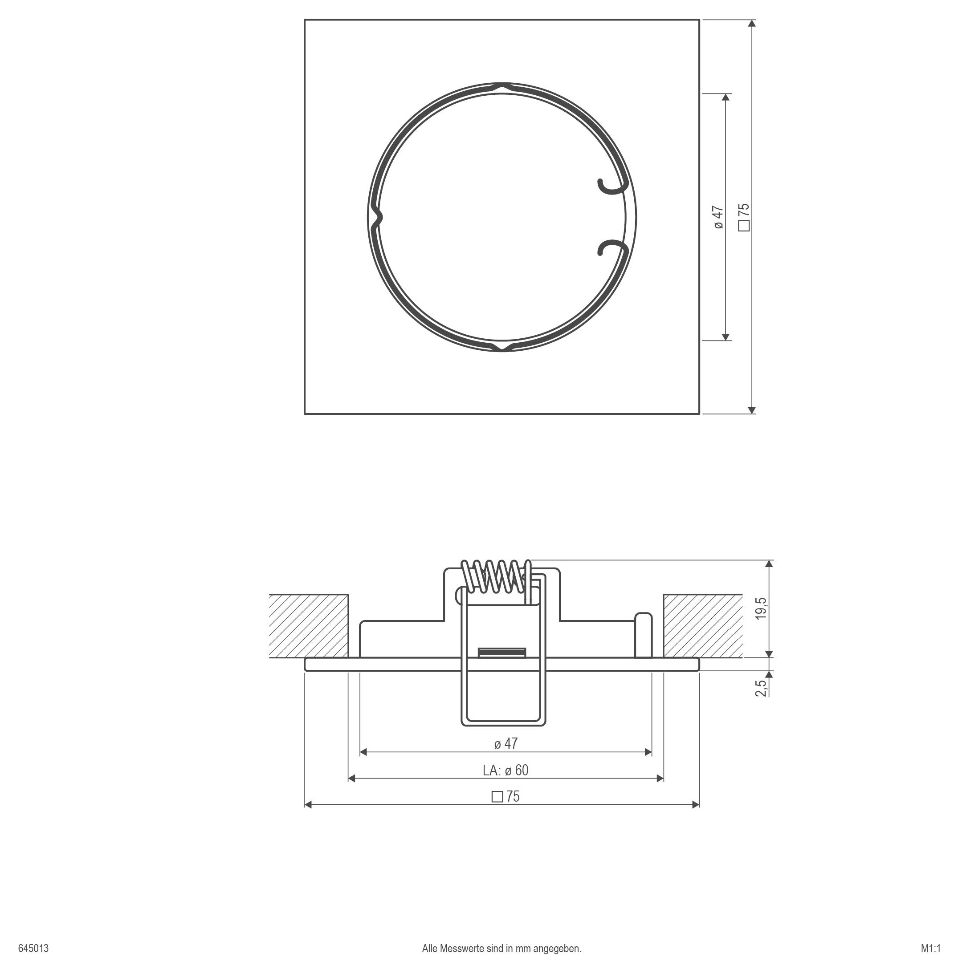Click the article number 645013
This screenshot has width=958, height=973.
pos(33,949)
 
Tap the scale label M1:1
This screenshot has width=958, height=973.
pos(930,949)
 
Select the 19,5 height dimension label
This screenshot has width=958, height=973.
pos(761,608)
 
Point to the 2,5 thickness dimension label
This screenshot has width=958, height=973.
pos(761,686)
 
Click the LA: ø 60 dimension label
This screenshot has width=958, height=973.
pos(505,770)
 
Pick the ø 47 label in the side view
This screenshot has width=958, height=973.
pos(505,743)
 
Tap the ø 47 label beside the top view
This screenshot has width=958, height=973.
pos(718,217)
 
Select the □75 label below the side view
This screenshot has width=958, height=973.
pos(505,796)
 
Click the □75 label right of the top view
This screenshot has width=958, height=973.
pos(744,217)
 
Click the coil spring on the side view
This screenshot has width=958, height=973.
pos(496,576)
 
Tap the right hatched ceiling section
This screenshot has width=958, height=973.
pos(702,626)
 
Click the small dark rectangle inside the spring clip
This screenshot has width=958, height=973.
pos(501,652)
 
